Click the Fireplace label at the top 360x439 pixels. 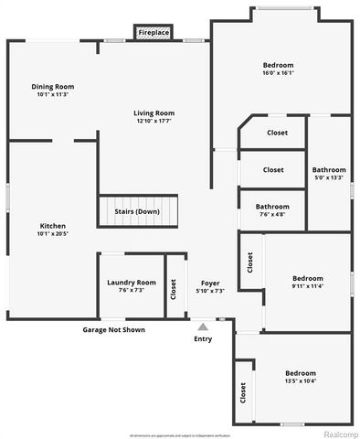coord(154,33)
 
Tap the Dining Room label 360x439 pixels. coord(53,86)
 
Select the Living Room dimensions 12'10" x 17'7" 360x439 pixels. coord(154,121)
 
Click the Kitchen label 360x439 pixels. coord(53,226)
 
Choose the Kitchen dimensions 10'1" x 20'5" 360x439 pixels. coord(53,234)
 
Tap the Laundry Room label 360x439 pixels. coord(132,283)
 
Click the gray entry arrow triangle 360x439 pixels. coord(203,325)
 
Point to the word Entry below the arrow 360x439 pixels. coord(203,339)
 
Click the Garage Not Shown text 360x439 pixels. coord(113,329)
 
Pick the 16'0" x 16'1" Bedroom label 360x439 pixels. coord(278,65)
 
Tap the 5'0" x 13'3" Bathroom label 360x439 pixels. coord(329,170)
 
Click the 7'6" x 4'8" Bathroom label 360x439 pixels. coord(272,207)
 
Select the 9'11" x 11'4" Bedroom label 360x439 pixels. coord(307,278)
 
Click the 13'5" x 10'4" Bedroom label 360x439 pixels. coord(300,373)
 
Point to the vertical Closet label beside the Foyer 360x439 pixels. coord(174,290)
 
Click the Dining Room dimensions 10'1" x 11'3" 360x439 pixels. coord(53,94)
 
